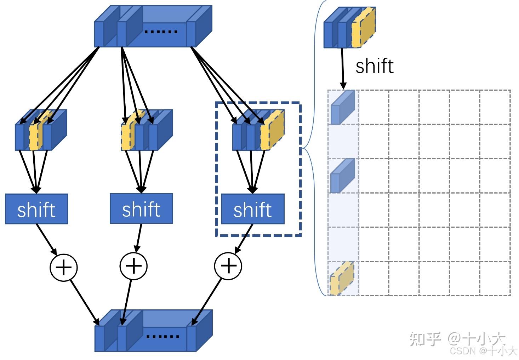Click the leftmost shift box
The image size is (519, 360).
(36, 209)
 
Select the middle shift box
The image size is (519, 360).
(141, 208)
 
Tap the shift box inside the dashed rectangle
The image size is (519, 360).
(253, 209)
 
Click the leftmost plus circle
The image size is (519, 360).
(63, 267)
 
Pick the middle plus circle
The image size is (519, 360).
(133, 266)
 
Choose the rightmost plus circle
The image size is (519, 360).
(228, 265)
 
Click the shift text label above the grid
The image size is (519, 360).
(374, 66)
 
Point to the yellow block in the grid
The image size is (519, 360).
(342, 279)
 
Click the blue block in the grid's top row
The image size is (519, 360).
(342, 107)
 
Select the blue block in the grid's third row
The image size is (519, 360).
(342, 176)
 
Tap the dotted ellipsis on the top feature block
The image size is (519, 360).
(161, 32)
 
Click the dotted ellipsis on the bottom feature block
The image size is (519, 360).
(162, 336)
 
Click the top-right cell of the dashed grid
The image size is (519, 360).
(495, 107)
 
